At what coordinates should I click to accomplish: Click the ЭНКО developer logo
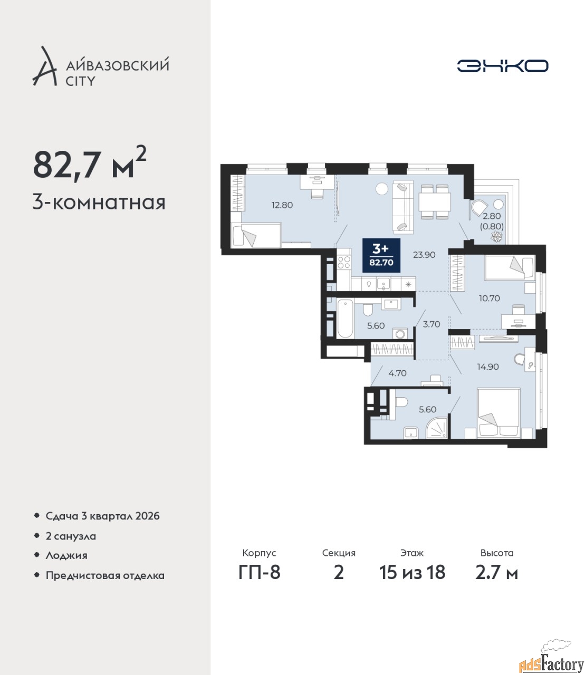(502, 66)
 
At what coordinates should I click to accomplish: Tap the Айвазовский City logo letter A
(44, 66)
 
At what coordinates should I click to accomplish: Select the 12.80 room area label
(282, 205)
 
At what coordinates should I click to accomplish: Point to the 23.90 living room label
(424, 255)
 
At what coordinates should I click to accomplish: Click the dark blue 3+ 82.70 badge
(381, 255)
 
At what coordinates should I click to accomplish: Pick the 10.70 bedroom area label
(490, 298)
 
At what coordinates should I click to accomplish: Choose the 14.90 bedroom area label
(487, 367)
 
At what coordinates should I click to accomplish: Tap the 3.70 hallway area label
(431, 324)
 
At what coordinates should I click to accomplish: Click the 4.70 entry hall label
(398, 373)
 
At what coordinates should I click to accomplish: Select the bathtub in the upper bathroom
(346, 319)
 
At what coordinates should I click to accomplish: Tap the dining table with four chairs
(435, 202)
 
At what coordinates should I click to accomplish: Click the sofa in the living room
(404, 207)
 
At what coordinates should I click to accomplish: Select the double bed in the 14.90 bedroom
(498, 413)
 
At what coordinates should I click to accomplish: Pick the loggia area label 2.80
(492, 216)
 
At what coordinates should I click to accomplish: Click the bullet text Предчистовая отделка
(105, 575)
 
